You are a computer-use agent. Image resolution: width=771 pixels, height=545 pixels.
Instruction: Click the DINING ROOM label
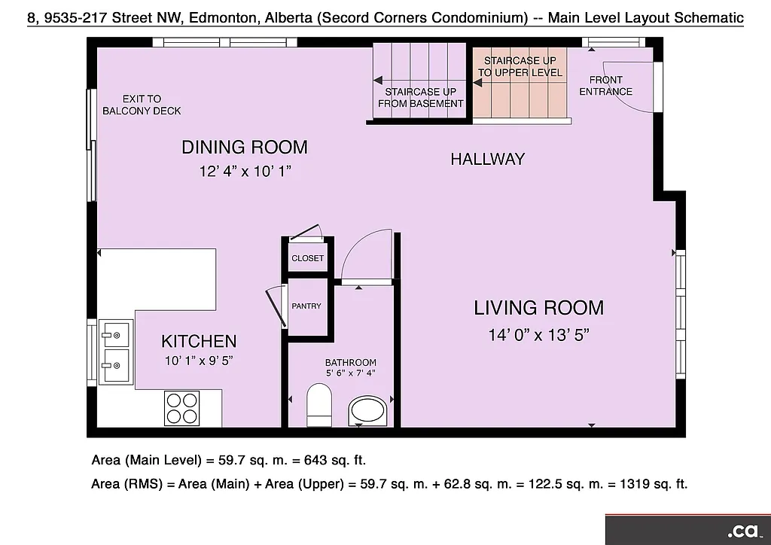(x=244, y=147)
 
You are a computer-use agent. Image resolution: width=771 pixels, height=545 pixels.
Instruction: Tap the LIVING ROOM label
(x=538, y=307)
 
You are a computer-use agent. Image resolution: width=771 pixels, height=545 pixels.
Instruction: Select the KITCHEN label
(x=199, y=342)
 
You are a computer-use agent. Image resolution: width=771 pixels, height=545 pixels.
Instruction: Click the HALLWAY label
(x=487, y=159)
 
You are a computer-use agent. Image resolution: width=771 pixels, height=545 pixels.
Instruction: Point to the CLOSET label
(x=307, y=258)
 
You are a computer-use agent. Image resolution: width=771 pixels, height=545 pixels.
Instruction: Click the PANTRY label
(x=306, y=306)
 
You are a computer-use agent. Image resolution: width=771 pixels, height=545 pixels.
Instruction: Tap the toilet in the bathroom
(x=319, y=404)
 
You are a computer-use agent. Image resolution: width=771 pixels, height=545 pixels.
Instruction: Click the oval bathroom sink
(x=369, y=412)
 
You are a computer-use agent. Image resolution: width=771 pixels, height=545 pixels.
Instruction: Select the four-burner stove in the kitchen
(x=182, y=408)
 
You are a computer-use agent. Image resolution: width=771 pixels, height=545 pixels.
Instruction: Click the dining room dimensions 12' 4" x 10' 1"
(x=244, y=172)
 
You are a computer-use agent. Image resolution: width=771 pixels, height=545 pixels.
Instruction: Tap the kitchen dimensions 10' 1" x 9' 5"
(x=199, y=361)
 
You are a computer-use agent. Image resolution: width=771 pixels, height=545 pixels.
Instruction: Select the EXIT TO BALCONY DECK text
(x=142, y=105)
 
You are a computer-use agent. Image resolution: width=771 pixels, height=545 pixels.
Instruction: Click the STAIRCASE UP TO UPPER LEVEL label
(x=520, y=66)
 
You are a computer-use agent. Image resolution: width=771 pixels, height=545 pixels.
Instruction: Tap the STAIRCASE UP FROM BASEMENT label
(x=420, y=98)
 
